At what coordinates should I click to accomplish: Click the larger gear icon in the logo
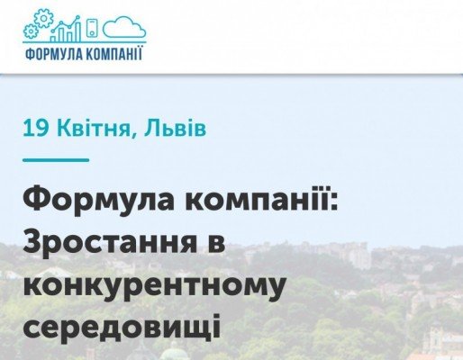(43, 19)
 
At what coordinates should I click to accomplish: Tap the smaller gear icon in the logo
(30, 31)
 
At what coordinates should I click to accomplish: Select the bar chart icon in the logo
(67, 28)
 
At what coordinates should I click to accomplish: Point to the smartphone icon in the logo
(93, 28)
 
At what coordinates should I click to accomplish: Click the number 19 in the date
(36, 129)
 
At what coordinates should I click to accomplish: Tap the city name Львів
(176, 129)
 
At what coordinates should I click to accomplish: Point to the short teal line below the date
(56, 160)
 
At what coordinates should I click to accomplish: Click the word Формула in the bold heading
(98, 202)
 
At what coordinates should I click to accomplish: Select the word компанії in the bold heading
(257, 200)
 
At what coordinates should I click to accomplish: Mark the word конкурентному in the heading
(154, 285)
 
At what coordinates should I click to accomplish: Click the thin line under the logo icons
(85, 42)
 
